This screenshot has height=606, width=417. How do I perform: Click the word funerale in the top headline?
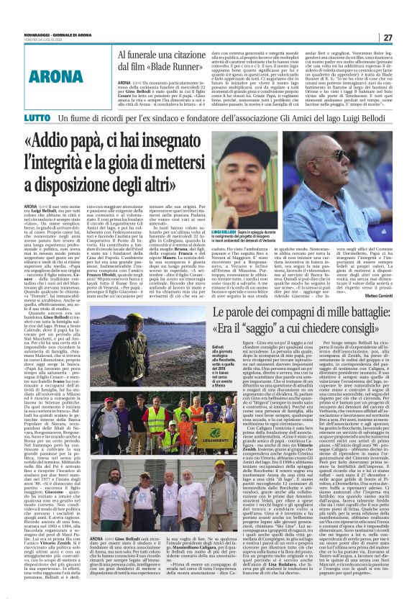(x=152, y=55)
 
